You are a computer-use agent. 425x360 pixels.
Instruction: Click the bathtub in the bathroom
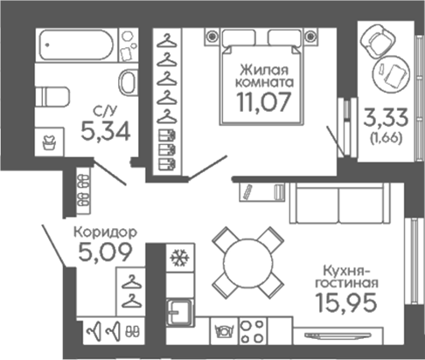click(76, 45)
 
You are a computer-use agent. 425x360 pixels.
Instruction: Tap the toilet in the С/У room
click(52, 97)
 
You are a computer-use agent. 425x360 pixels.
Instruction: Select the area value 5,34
click(106, 131)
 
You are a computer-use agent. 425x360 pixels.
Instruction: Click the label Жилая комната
click(264, 76)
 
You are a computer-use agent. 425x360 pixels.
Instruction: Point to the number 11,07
click(264, 102)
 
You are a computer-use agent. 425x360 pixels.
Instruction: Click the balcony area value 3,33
click(386, 118)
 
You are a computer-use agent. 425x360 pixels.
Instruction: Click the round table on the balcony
click(391, 74)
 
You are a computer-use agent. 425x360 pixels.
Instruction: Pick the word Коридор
click(105, 232)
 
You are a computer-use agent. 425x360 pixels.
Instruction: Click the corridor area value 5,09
click(106, 252)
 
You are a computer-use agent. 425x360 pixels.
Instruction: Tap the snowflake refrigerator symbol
click(179, 258)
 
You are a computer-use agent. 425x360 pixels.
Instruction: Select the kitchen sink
click(179, 313)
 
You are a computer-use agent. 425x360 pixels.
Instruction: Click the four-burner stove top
click(253, 331)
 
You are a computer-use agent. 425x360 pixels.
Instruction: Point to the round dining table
click(248, 263)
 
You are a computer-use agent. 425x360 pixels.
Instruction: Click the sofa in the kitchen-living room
click(339, 203)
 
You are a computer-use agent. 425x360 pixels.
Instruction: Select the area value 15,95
click(346, 302)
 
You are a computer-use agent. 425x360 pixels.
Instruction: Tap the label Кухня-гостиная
click(347, 277)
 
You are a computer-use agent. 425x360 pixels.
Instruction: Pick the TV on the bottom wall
click(338, 336)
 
